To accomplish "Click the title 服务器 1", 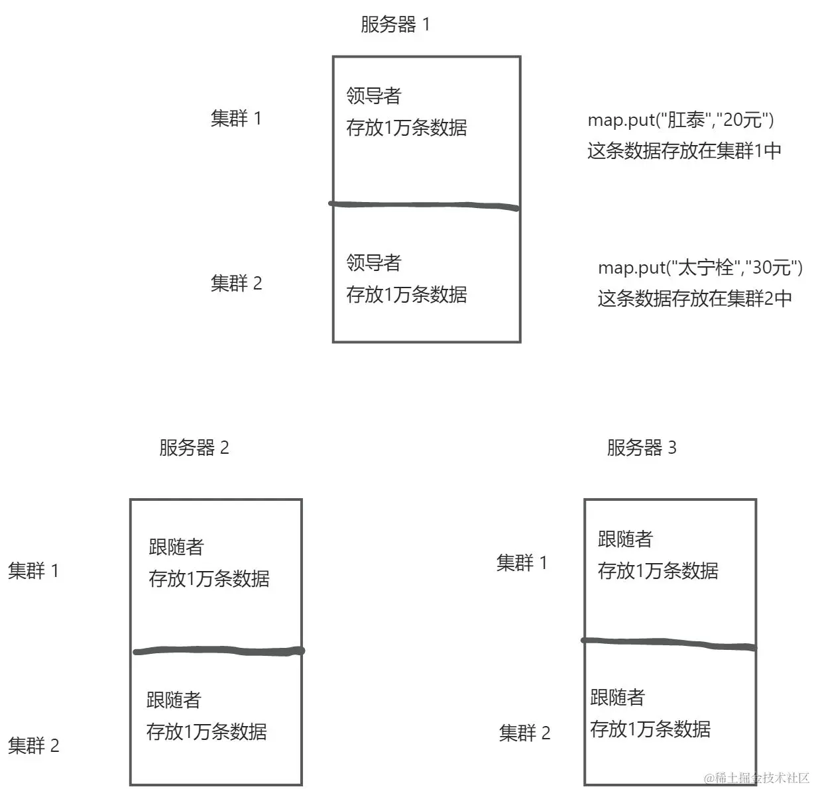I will (x=395, y=25).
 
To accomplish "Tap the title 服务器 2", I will (x=194, y=448).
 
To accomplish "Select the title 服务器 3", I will (x=641, y=448).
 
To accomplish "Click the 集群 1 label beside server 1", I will (x=236, y=119).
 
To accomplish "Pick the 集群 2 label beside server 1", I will (x=236, y=284).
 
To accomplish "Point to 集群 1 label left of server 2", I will (x=33, y=570).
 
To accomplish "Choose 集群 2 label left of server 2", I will (x=33, y=746).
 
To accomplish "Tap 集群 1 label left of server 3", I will (x=522, y=563).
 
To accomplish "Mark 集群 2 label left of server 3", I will (x=524, y=733).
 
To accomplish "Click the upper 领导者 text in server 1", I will (x=374, y=96).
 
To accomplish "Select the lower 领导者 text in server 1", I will (x=374, y=263).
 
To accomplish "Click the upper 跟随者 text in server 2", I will (x=176, y=547).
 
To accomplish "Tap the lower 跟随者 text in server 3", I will (x=617, y=698).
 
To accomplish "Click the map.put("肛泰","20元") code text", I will (x=681, y=120).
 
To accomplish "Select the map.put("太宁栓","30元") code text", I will (x=700, y=268).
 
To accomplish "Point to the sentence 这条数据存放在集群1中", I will (x=684, y=151).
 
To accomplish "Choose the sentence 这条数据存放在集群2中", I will (x=695, y=299).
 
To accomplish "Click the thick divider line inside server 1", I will (x=424, y=205).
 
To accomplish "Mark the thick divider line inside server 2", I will (x=219, y=652).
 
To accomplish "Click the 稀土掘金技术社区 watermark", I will (x=757, y=778).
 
